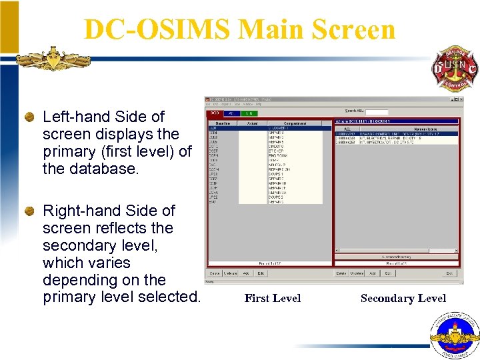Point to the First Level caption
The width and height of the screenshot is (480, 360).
tap(272, 299)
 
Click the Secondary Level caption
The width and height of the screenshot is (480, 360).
tap(403, 299)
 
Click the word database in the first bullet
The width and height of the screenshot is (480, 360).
tap(106, 169)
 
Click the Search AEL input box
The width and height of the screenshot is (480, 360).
tap(377, 111)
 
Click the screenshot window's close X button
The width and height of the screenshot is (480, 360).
tap(459, 100)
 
